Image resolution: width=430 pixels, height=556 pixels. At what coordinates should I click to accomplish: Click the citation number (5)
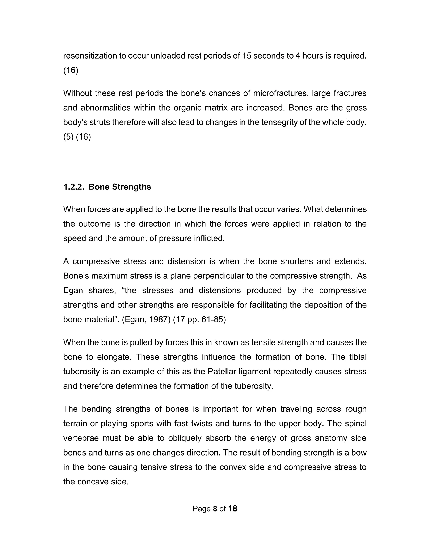pos(68,137)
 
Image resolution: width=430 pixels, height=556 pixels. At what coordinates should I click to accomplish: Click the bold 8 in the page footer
pos(215,508)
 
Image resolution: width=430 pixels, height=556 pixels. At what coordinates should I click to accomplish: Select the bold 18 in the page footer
pos(233,508)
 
